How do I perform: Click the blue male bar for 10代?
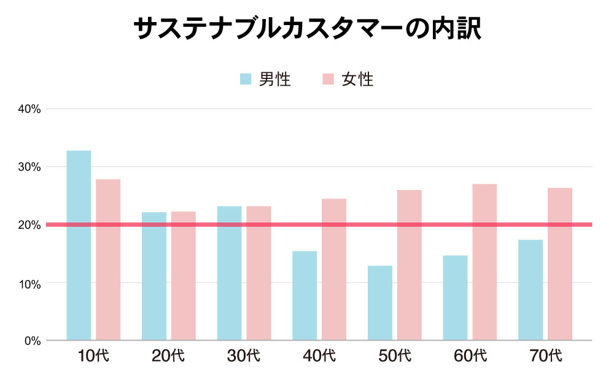[x=79, y=245]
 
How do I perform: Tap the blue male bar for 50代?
[x=380, y=303]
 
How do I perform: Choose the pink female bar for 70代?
[x=560, y=264]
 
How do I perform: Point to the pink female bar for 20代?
[x=184, y=276]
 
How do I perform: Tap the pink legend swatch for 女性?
[x=328, y=79]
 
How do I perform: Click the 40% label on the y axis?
[x=29, y=109]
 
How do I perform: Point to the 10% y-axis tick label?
[x=29, y=283]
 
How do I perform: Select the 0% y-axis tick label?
[x=32, y=341]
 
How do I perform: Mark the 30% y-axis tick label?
[x=29, y=167]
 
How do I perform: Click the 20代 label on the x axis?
[x=168, y=356]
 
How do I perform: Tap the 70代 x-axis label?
[x=545, y=356]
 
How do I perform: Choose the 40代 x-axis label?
[x=319, y=356]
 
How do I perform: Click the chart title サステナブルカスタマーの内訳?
[x=306, y=29]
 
